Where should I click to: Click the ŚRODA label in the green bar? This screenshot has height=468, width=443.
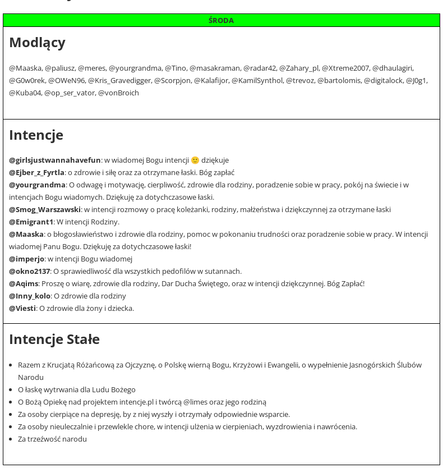point(221,20)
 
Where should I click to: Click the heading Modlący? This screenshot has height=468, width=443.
point(37,43)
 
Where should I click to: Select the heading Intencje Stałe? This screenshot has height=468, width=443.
point(54,339)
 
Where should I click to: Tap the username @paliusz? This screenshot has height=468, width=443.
point(59,68)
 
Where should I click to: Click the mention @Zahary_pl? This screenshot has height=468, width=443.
point(299,68)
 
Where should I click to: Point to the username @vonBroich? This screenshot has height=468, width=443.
point(118,93)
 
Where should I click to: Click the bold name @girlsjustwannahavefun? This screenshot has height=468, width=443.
point(55,160)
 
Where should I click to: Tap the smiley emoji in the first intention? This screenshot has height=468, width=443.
point(195,160)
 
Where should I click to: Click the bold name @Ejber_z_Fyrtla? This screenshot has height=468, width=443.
point(36,172)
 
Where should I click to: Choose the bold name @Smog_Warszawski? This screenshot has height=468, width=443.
point(45,209)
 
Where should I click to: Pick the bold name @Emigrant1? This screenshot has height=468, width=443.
point(31,222)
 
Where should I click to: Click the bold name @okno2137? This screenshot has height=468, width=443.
point(29,271)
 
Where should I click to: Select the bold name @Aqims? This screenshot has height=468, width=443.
point(24,283)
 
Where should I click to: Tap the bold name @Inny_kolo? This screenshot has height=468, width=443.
point(30,296)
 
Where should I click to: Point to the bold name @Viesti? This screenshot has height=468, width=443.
point(22,308)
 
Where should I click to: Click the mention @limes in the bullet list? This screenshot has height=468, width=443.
point(195,402)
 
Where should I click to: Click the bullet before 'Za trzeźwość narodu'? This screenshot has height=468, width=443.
point(11,439)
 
